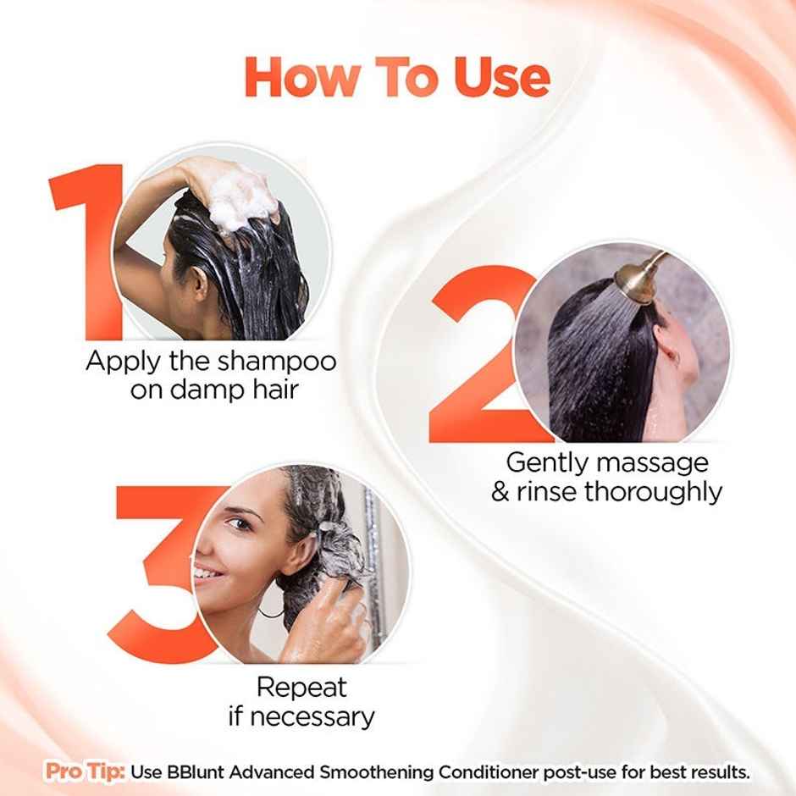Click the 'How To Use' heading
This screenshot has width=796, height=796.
[397, 77]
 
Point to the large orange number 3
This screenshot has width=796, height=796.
[161, 576]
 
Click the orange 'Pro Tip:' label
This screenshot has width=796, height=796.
[86, 772]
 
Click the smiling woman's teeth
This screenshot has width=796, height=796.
[206, 573]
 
